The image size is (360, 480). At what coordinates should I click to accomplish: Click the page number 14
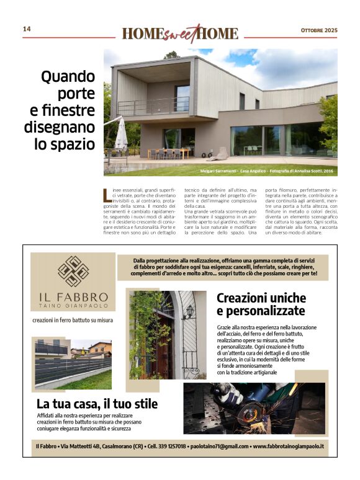pos(27,29)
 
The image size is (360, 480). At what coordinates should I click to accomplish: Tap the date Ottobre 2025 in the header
pos(319,30)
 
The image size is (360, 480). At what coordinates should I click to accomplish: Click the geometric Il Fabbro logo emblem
pos(73,271)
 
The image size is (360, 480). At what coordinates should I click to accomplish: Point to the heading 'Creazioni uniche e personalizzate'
pos(261,304)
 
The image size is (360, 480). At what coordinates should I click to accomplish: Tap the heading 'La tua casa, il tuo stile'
pos(97,404)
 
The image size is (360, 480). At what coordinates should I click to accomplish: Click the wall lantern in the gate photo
pos(189,311)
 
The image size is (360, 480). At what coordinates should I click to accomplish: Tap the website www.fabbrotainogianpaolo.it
pos(290,447)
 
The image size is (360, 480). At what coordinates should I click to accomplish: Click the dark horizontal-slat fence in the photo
pos(68,370)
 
